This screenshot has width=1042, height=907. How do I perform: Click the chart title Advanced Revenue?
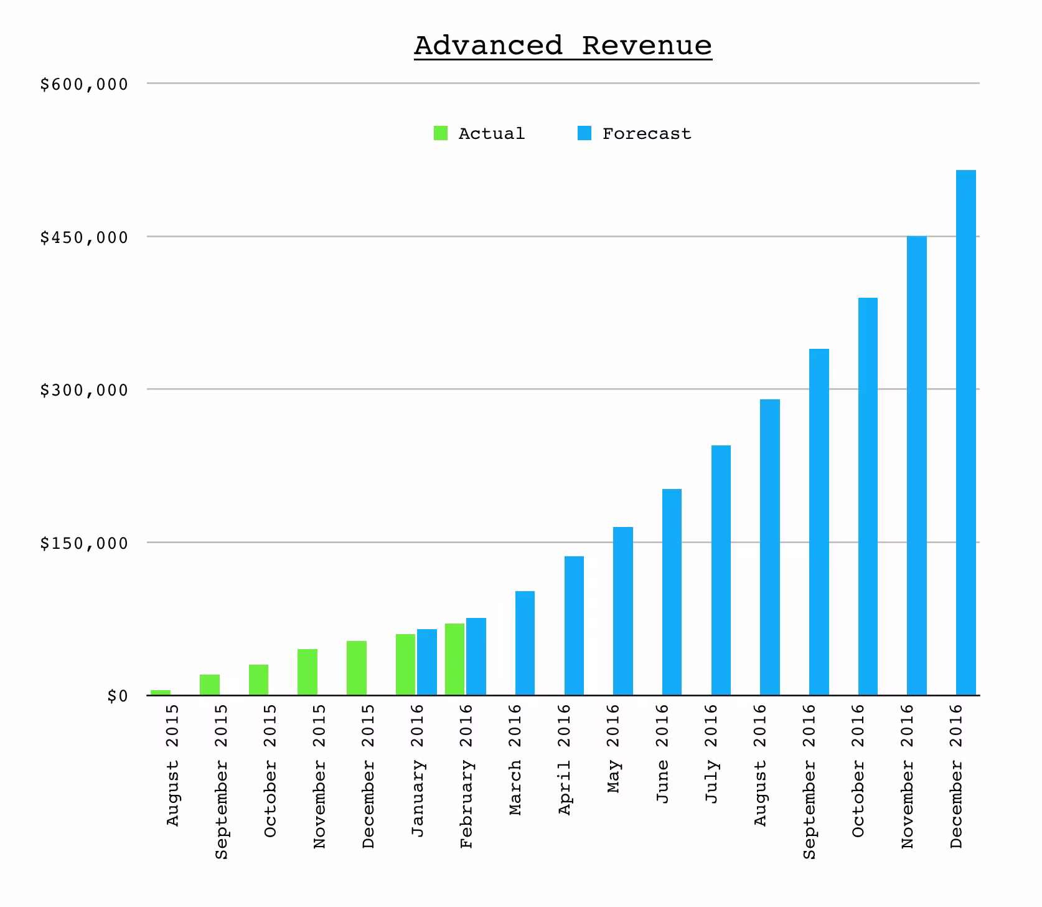click(x=563, y=46)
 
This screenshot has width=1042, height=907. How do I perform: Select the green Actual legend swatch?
click(x=441, y=133)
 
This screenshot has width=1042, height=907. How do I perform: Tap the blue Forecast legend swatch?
click(x=584, y=133)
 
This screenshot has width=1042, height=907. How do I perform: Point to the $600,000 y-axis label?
click(x=84, y=84)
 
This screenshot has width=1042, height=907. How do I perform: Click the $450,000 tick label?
click(x=84, y=237)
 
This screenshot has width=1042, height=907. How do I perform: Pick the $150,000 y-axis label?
click(x=84, y=543)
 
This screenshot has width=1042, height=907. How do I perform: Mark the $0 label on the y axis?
click(x=117, y=696)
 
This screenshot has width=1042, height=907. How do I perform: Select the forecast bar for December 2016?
click(x=966, y=432)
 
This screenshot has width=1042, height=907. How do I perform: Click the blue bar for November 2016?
click(x=917, y=466)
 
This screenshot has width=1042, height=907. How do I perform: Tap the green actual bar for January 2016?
click(x=406, y=665)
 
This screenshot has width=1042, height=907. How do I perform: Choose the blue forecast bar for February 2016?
click(x=476, y=657)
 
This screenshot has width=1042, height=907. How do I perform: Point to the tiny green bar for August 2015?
click(x=161, y=693)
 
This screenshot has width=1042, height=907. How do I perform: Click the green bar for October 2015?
click(x=259, y=680)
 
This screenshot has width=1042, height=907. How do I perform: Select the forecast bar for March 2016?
click(x=525, y=643)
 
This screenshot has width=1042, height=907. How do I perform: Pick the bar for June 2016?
click(x=672, y=592)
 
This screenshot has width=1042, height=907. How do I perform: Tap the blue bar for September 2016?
click(x=819, y=522)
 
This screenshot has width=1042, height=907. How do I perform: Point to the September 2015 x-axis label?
click(x=222, y=782)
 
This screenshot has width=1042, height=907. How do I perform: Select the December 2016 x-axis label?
click(x=957, y=776)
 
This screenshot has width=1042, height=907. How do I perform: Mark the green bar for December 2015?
click(x=357, y=668)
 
